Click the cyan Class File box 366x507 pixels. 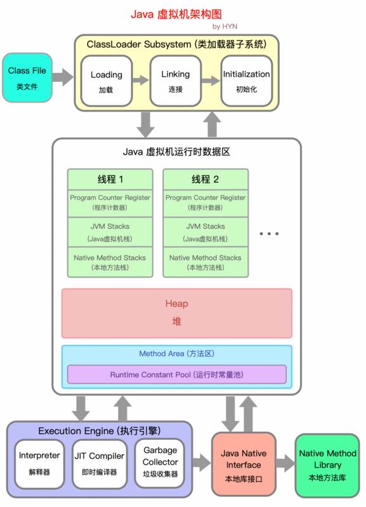(27, 77)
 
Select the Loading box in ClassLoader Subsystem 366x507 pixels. (106, 80)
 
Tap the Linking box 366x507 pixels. (175, 80)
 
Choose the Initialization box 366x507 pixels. (246, 80)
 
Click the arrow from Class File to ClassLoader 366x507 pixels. (62, 78)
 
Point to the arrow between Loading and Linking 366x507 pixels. (140, 80)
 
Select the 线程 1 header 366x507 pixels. (110, 179)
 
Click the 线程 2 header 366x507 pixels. (206, 179)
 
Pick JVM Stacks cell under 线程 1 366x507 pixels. (110, 232)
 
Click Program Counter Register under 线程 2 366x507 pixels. (206, 202)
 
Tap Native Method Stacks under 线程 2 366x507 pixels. (206, 262)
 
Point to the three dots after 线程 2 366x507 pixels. (269, 234)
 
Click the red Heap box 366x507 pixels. (177, 313)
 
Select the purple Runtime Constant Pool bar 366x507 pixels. (177, 374)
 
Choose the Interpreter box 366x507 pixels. (39, 463)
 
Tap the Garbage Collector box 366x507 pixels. (160, 463)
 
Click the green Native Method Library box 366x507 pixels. (327, 465)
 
